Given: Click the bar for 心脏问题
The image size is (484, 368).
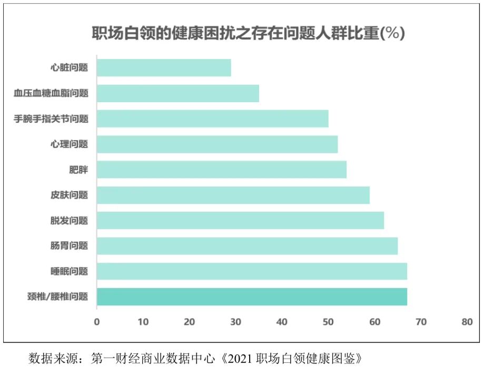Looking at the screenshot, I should coord(164,68).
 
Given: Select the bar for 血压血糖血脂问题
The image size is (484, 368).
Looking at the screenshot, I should coord(178,93).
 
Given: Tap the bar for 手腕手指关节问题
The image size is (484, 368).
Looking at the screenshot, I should coord(213,118).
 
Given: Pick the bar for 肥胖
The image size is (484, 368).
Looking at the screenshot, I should coord(222,170).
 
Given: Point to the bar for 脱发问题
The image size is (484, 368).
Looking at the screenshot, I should coord(240,221).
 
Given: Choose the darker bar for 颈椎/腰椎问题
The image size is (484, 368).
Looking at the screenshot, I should coord(252,297).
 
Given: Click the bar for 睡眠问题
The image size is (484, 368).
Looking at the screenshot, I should coord(252,272).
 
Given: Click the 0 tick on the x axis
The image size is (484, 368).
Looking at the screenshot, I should coord(97,322).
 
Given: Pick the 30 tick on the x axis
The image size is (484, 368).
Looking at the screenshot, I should coord(235,322).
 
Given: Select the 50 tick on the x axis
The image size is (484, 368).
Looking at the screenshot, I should coord(328,322).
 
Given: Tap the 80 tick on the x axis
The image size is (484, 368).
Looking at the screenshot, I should coord(467,322).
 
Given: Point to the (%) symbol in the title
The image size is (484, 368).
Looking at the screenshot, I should coord(392,34).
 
